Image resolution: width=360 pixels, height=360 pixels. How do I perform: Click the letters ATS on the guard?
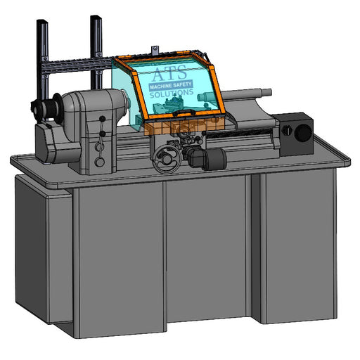(170, 73)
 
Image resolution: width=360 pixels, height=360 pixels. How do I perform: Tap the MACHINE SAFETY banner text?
(171, 86)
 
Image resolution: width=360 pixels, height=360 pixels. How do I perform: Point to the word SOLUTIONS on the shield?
(172, 94)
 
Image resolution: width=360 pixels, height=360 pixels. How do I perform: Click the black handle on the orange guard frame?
(184, 112)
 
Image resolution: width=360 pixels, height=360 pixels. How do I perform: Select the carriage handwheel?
(167, 159)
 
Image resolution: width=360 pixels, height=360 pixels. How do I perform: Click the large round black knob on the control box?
(303, 133)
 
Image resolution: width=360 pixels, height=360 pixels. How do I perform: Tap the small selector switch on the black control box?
(286, 130)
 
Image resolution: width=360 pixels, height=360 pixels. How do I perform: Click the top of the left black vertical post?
(42, 21)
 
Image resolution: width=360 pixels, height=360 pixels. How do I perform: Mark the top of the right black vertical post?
(96, 18)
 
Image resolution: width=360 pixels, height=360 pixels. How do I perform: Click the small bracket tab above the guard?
(155, 50)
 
